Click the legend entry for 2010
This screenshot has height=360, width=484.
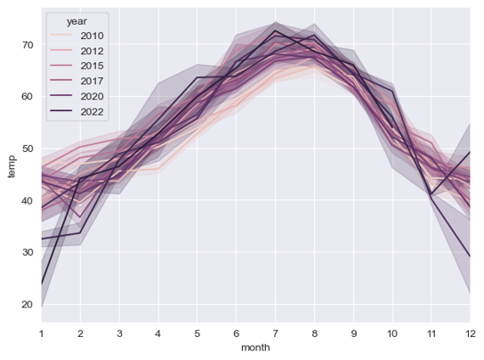tap(91, 36)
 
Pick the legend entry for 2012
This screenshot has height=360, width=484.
tap(91, 51)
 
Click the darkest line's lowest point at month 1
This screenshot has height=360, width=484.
tap(40, 284)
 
